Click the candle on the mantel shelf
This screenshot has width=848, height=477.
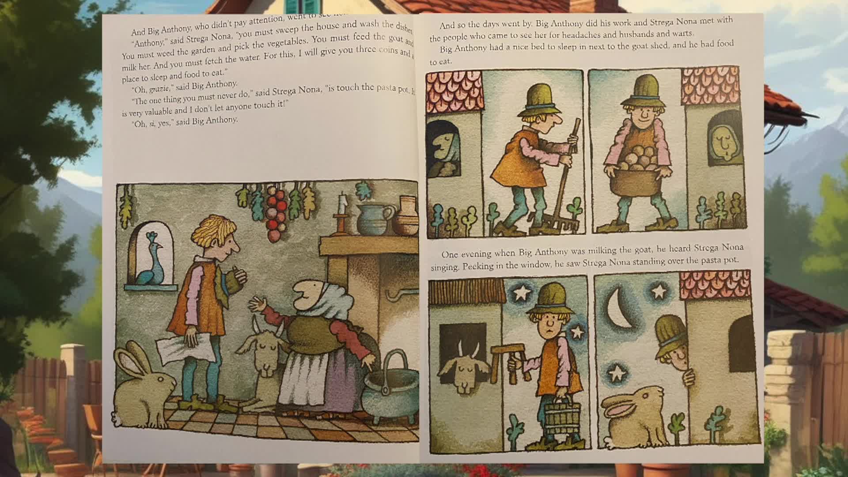point(341,208)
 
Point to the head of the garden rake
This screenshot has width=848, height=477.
point(560,223)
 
